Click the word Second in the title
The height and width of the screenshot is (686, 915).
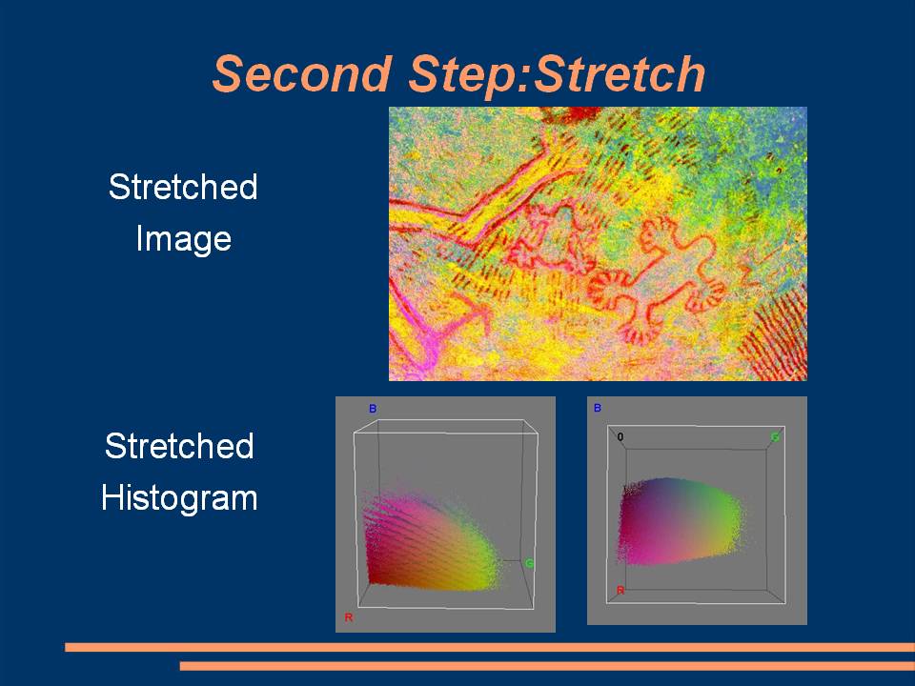click(302, 73)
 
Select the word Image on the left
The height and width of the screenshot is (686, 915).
click(184, 239)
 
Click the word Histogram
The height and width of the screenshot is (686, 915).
click(179, 498)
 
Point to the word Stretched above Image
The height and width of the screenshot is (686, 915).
click(183, 187)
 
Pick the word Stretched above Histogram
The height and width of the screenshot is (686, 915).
click(179, 446)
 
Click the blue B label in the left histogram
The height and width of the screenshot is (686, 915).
click(373, 409)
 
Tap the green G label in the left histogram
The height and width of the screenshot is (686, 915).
click(529, 563)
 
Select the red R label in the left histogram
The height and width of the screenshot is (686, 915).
click(349, 617)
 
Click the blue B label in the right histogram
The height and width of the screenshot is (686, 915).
click(597, 408)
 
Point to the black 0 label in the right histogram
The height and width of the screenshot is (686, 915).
click(620, 436)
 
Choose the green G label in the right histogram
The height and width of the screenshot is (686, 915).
click(775, 436)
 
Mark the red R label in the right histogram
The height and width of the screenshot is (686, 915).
click(620, 591)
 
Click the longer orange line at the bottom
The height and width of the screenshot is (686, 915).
click(490, 647)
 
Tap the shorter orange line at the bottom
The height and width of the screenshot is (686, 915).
click(547, 666)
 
